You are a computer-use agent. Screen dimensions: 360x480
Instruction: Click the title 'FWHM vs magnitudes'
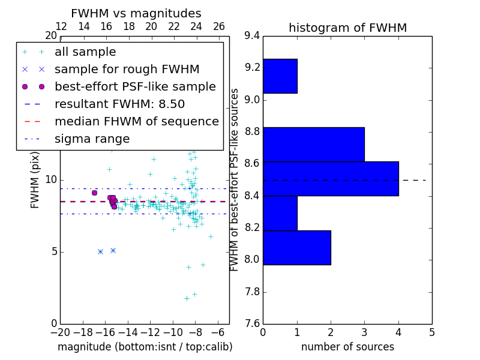point(136,13)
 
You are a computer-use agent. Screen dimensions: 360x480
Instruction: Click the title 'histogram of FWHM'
point(347,28)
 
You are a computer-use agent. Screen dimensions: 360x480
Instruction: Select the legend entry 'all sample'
point(85,52)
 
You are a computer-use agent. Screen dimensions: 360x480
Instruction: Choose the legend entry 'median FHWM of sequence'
point(136,121)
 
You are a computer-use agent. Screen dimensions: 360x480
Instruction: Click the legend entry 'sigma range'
point(92,139)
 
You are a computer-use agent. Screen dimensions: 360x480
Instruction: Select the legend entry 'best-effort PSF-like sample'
point(135,86)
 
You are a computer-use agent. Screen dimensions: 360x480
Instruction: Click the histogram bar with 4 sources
point(331,178)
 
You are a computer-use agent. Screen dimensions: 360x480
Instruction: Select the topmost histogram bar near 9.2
point(280,76)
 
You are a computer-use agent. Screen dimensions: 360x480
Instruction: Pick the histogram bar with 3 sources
point(314,144)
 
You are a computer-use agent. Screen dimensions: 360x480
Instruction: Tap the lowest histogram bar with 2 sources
point(297,247)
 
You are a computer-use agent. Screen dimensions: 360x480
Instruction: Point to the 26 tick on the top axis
point(219,27)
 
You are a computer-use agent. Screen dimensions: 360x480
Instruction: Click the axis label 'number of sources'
point(347,347)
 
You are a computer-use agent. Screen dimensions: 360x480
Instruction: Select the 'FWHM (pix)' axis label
point(35,179)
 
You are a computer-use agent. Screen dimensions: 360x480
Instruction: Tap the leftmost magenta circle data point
point(94,193)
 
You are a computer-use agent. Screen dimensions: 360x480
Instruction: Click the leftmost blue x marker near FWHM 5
point(100,251)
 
